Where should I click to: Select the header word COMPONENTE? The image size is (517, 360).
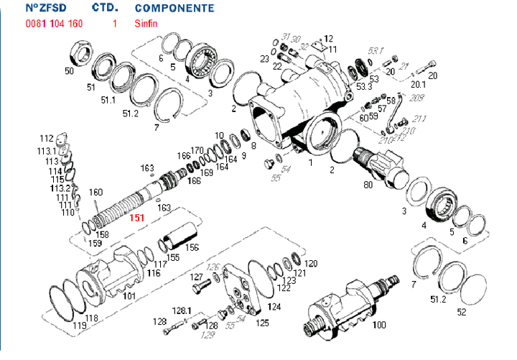coord(174,9)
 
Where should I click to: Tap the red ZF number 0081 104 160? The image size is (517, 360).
coord(54,24)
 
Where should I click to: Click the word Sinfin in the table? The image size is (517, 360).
coord(146,24)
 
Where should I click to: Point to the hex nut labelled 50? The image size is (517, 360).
coord(78,53)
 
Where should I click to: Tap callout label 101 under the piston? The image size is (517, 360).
coord(130,295)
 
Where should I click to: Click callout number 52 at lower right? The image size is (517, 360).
coord(462,313)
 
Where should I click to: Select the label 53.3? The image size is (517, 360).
coord(365,86)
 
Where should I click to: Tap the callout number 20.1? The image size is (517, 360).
coord(418,83)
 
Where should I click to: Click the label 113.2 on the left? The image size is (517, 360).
coord(60,188)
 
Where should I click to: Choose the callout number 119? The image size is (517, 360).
coord(80,325)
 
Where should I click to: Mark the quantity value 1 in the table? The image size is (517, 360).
coord(114,24)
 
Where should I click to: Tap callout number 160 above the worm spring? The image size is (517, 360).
coord(96,192)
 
